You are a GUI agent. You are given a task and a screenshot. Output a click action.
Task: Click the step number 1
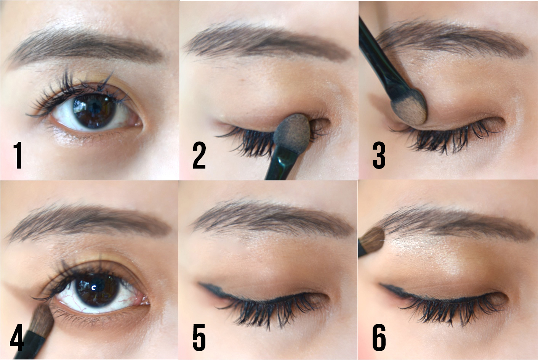(18, 155)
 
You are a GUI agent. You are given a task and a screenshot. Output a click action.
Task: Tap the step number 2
(199, 155)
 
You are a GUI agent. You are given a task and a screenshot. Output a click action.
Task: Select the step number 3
(379, 155)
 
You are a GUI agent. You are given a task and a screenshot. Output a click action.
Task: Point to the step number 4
(17, 337)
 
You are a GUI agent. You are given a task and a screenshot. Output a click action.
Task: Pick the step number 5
(199, 337)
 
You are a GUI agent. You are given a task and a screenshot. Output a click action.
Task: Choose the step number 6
(379, 337)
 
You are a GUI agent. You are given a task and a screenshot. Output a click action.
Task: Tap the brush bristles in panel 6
(372, 241)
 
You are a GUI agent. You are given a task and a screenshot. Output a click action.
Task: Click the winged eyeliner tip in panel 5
(200, 284)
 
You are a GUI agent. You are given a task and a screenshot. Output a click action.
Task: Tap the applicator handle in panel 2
(280, 162)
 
